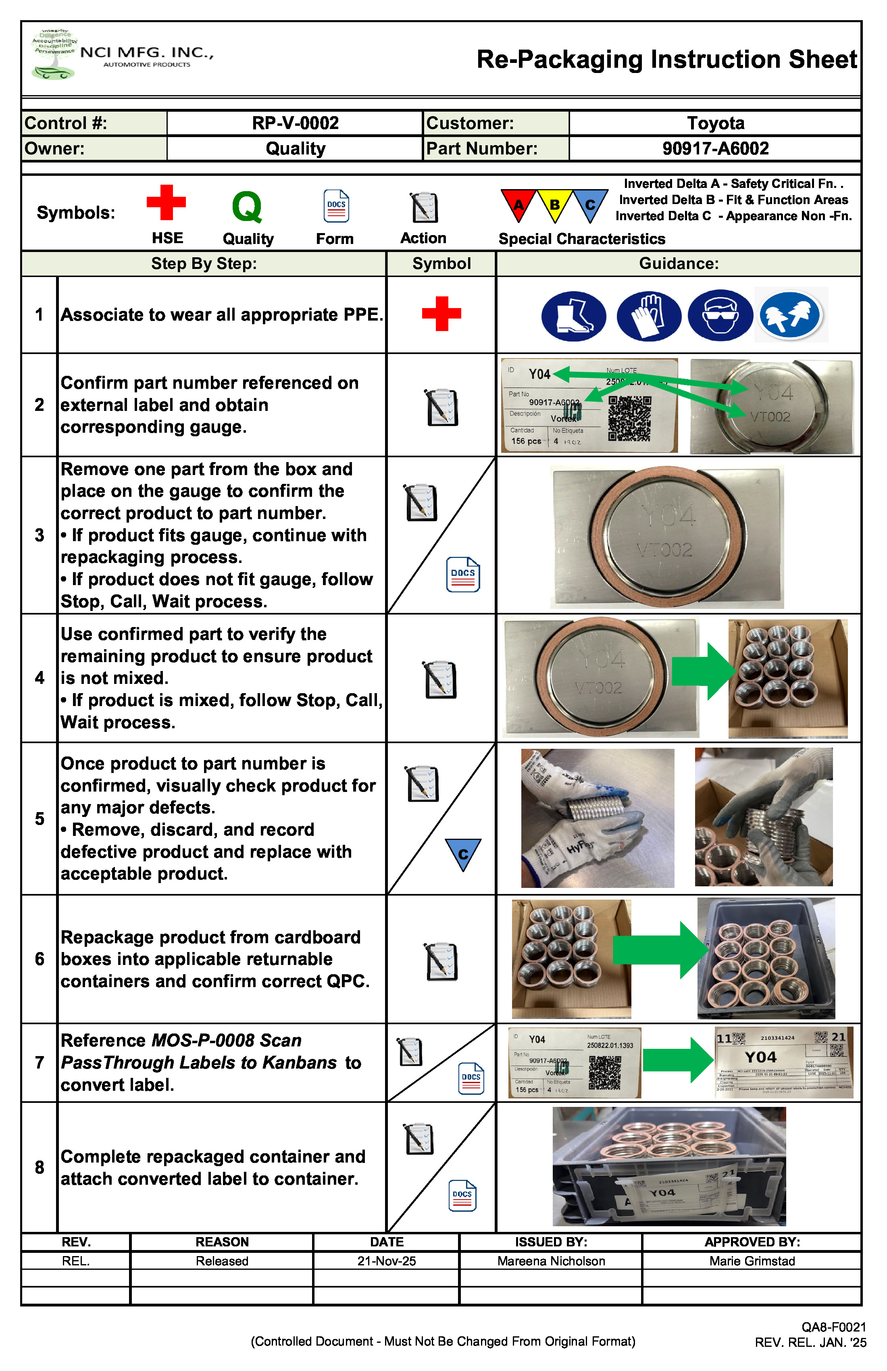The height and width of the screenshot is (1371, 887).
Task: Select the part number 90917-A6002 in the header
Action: click(715, 149)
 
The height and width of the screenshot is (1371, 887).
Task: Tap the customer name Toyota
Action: click(715, 123)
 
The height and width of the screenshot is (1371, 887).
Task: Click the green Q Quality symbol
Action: click(247, 207)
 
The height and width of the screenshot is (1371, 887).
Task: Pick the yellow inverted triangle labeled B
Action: click(554, 203)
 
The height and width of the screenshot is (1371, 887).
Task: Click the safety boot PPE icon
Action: click(574, 316)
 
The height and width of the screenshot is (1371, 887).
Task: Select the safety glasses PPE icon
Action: click(720, 316)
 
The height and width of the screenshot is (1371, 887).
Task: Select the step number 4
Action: click(39, 678)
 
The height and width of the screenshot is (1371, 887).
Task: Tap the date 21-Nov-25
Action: click(387, 1261)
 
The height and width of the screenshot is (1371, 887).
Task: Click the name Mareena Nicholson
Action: click(551, 1261)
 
